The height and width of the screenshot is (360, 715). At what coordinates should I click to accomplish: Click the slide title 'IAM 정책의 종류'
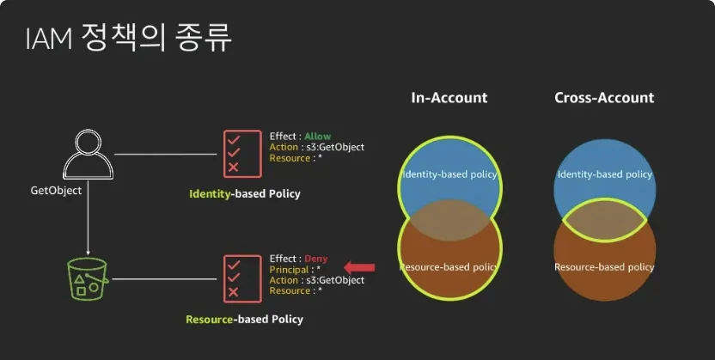[128, 38]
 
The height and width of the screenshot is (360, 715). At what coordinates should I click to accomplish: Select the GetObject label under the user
[56, 190]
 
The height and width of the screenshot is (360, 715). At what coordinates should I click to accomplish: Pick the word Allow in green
[317, 137]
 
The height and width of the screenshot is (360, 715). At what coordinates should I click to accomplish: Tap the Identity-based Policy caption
[245, 194]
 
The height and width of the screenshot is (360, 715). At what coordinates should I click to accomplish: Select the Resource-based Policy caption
[244, 320]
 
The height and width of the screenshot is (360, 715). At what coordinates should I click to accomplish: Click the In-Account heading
[449, 98]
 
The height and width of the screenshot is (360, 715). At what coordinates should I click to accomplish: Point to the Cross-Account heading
[604, 98]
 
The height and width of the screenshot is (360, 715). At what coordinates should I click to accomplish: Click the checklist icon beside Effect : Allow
[242, 153]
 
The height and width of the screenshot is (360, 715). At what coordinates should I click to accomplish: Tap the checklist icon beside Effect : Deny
[242, 278]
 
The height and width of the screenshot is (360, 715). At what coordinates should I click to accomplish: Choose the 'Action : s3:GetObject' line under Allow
[316, 148]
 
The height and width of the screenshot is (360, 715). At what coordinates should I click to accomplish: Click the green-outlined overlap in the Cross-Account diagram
[604, 220]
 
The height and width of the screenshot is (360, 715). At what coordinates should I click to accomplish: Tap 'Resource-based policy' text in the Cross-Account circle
[604, 267]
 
